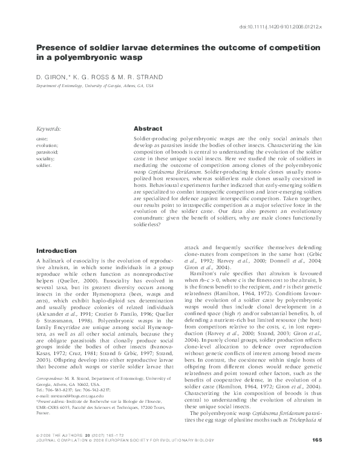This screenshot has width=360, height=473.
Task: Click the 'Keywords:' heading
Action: pos(49,129)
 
